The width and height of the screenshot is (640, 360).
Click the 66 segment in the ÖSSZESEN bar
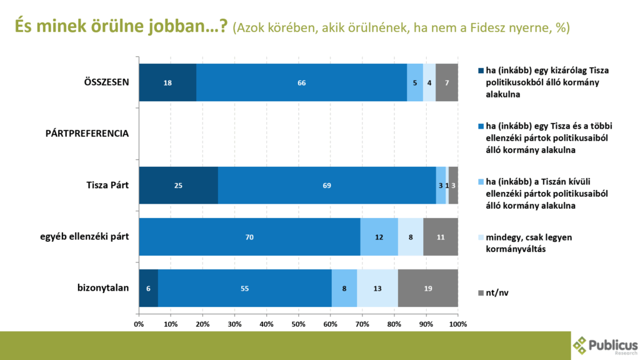click(x=301, y=82)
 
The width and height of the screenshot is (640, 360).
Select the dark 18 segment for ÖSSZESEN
click(x=167, y=82)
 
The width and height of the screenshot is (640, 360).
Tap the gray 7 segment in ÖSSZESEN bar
click(x=447, y=82)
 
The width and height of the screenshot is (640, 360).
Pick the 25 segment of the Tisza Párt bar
click(x=178, y=186)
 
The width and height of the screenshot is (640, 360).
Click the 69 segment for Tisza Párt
click(x=327, y=186)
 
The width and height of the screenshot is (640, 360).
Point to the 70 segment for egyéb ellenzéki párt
click(x=250, y=237)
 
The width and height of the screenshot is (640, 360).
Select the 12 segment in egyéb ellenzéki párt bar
click(x=379, y=237)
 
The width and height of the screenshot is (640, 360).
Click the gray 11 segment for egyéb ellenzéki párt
click(x=441, y=237)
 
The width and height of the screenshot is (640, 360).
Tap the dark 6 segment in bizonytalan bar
click(x=148, y=288)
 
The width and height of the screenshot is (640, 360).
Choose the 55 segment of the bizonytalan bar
click(x=244, y=288)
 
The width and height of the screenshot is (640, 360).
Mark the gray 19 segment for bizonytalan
click(x=428, y=288)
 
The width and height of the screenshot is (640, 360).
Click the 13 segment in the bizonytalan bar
click(x=377, y=288)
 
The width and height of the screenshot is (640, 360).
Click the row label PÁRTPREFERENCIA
click(x=87, y=134)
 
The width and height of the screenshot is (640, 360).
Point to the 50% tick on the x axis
click(x=299, y=324)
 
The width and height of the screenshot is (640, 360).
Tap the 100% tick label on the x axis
click(x=458, y=324)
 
